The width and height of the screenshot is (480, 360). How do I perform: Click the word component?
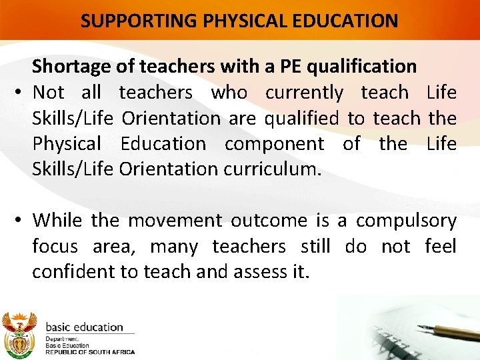tap(274, 143)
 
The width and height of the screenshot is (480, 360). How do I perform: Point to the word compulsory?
tap(406, 220)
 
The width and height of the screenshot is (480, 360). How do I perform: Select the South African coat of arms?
tap(19, 333)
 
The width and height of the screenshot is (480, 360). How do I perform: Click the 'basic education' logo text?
tap(84, 327)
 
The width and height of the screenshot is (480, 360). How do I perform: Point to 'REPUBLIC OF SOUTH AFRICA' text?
tap(89, 352)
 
